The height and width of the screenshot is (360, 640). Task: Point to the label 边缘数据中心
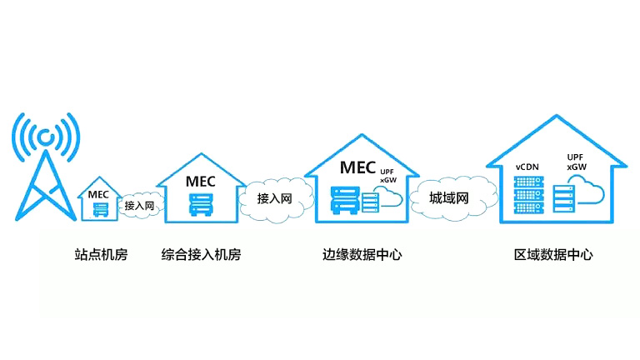[x=362, y=255]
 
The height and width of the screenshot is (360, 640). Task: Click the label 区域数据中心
[x=553, y=255]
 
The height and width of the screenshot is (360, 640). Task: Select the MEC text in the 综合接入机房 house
[x=201, y=180]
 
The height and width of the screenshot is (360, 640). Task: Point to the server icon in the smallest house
[x=99, y=208]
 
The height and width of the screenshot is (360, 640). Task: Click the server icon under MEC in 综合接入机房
[x=200, y=202]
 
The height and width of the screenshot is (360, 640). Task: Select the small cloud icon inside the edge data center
[x=387, y=197]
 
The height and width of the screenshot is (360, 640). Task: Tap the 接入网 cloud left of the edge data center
[x=273, y=199]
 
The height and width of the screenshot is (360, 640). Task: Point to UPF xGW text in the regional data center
[x=575, y=162]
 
